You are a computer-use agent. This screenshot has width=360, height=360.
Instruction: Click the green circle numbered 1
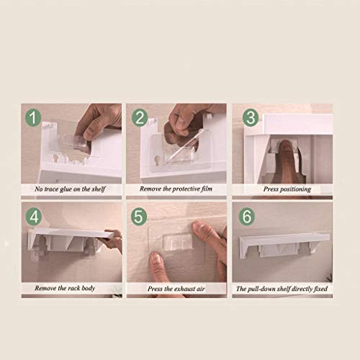[x=33, y=117]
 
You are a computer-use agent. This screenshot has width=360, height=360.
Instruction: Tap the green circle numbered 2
[x=140, y=118]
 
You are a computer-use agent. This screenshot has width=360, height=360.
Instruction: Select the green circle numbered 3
[x=251, y=117]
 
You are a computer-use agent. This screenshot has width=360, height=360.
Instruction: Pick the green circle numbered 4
[x=34, y=217]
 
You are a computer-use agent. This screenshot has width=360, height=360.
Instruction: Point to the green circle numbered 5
[x=139, y=217]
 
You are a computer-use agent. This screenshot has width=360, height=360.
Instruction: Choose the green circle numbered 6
[x=247, y=216]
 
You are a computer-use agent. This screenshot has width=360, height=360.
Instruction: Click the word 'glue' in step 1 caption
[x=66, y=189]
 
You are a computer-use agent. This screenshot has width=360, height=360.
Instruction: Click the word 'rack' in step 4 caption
[x=73, y=288]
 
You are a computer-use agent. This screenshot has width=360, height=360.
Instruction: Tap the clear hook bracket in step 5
[x=178, y=241]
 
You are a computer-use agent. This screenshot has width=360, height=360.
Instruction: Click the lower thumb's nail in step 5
[x=156, y=258]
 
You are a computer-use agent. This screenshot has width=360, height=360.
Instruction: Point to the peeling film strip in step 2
[x=184, y=145]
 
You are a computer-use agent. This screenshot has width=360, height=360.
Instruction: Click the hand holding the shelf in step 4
[x=113, y=241]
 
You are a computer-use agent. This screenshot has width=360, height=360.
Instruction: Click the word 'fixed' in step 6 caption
[x=320, y=289]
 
